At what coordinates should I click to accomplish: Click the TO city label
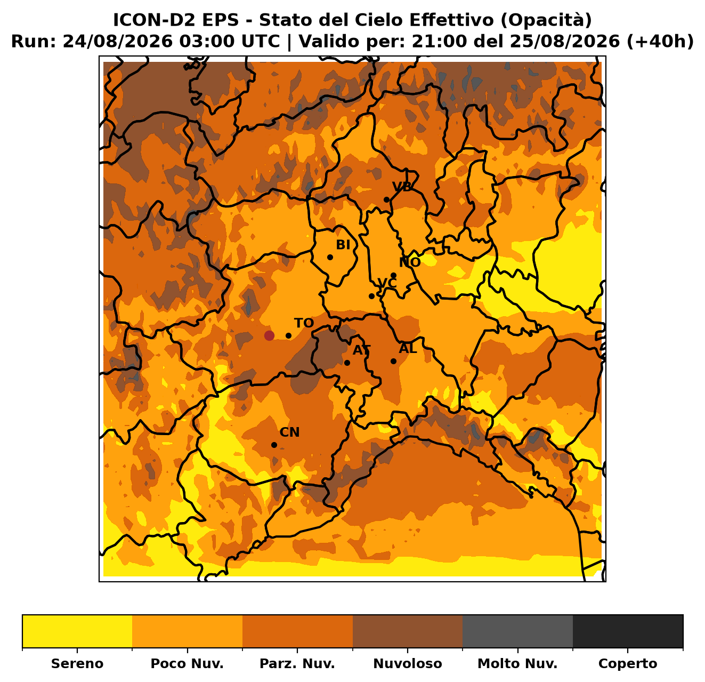(x=304, y=323)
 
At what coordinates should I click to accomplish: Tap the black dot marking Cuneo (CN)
(x=274, y=445)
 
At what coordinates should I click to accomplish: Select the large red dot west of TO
(x=269, y=335)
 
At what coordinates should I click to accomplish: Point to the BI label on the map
(x=343, y=245)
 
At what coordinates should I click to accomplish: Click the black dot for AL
(x=393, y=361)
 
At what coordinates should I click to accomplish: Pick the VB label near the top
(x=402, y=187)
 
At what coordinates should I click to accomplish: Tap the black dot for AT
(x=347, y=363)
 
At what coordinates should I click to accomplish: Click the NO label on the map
(x=410, y=262)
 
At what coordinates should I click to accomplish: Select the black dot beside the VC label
(x=371, y=296)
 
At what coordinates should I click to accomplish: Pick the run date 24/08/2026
(x=117, y=42)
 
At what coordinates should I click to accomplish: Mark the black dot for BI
(x=330, y=257)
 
